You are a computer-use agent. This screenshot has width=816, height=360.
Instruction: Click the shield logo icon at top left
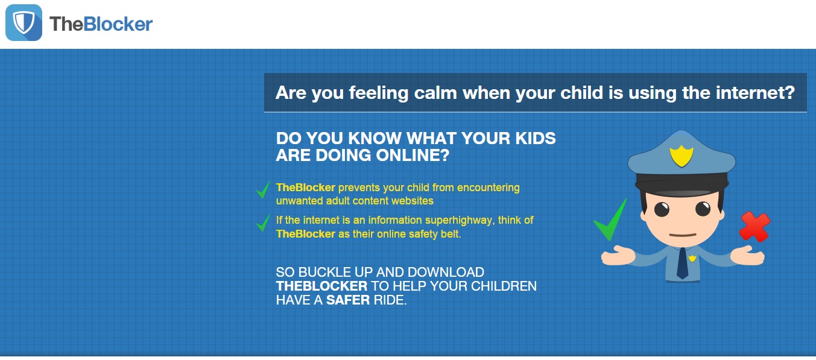click(24, 22)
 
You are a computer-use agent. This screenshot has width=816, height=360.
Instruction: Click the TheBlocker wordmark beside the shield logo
click(101, 24)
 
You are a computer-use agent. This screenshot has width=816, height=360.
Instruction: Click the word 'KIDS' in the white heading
click(536, 138)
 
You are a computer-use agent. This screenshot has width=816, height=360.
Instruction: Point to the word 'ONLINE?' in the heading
click(413, 155)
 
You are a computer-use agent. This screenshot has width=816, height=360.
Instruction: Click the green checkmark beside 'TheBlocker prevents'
click(263, 189)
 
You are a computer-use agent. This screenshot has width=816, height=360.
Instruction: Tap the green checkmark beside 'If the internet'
click(263, 223)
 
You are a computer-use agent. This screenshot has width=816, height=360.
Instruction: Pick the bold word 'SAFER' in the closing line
click(348, 300)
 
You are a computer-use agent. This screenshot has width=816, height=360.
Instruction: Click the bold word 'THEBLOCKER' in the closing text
click(321, 286)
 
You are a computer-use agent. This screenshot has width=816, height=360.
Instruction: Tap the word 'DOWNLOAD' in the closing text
click(446, 272)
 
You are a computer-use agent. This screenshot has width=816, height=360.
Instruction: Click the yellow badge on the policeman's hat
click(682, 156)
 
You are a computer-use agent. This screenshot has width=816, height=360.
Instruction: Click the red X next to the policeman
click(754, 227)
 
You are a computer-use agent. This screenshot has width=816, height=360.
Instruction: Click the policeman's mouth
click(683, 235)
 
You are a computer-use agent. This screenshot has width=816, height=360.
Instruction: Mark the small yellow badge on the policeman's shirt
click(692, 258)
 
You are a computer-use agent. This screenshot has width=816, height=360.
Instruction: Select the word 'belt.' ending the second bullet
click(451, 234)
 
